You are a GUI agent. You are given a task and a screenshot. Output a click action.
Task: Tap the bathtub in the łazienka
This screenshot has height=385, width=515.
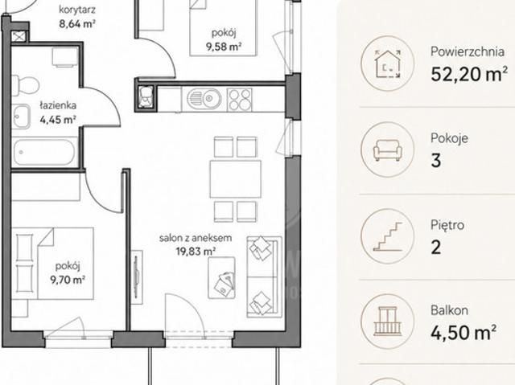tap(44, 153)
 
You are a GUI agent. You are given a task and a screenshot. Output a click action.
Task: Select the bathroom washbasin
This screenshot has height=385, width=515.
tap(22, 117)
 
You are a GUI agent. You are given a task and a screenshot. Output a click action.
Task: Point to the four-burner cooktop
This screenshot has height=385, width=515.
tap(240, 100)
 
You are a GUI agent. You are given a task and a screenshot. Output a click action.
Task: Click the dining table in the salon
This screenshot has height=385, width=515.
tap(236, 179)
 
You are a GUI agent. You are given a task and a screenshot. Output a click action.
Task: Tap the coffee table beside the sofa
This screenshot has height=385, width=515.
tap(222, 278)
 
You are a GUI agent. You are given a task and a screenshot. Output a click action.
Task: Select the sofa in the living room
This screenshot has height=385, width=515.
tap(265, 277)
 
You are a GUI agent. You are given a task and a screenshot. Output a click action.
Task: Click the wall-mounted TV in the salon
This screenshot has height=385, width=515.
tap(137, 277)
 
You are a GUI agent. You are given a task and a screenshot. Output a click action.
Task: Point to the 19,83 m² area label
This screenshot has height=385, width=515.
tap(196, 252)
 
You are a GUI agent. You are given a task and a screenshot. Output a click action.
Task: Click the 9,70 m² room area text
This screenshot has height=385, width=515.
tap(68, 280)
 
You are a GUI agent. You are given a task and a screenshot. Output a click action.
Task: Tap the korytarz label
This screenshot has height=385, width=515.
tap(77, 10)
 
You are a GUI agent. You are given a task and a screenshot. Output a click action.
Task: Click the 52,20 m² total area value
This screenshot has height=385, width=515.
tap(469, 74)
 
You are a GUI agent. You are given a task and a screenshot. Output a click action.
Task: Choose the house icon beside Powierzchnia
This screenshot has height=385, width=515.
tap(388, 63)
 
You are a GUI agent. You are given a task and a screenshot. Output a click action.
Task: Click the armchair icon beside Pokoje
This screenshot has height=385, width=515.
tap(388, 150)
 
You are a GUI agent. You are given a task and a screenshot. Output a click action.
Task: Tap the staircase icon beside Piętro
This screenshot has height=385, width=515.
tap(388, 236)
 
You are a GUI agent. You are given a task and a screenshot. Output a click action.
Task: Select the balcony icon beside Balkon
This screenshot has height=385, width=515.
tap(388, 321)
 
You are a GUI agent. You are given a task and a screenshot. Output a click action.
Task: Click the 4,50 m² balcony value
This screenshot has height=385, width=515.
tap(463, 333)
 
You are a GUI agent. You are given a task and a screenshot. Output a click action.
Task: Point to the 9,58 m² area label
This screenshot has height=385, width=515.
tap(224, 47)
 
